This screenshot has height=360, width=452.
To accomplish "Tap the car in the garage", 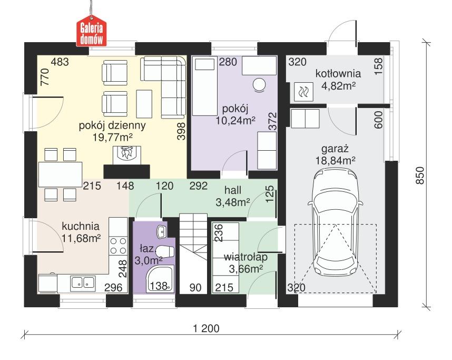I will pyautogui.click(x=336, y=221).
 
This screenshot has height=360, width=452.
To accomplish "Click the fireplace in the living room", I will pyautogui.click(x=125, y=154).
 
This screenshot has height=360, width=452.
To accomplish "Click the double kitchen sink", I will pyautogui.click(x=82, y=283).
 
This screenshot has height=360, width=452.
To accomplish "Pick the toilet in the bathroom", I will pyautogui.click(x=164, y=254).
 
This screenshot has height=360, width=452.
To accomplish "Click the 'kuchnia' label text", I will pyautogui.click(x=80, y=226).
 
